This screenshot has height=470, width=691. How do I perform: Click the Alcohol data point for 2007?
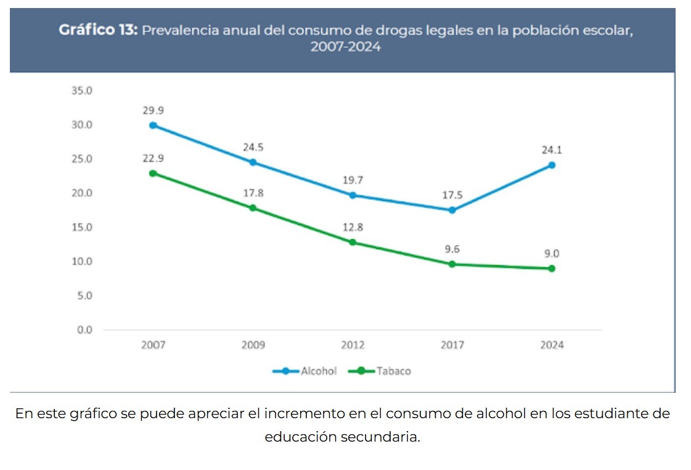(153, 125)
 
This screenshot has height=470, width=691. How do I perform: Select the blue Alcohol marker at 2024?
(552, 165)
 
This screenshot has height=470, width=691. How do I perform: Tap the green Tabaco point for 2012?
(353, 242)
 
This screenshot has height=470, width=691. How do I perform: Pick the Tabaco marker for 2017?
(452, 264)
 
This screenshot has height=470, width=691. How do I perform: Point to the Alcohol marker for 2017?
(452, 210)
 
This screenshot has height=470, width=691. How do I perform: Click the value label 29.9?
(153, 110)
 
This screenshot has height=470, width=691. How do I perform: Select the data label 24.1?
(552, 150)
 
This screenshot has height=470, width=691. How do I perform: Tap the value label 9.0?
(552, 254)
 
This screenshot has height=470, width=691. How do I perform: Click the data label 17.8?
(253, 193)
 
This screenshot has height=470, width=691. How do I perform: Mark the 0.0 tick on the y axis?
(84, 330)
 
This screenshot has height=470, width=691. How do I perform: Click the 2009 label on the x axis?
(253, 345)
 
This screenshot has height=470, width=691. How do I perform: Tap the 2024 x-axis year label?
(552, 345)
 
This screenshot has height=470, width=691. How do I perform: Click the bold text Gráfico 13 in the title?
(98, 30)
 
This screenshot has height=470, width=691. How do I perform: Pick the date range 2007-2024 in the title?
(345, 47)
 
